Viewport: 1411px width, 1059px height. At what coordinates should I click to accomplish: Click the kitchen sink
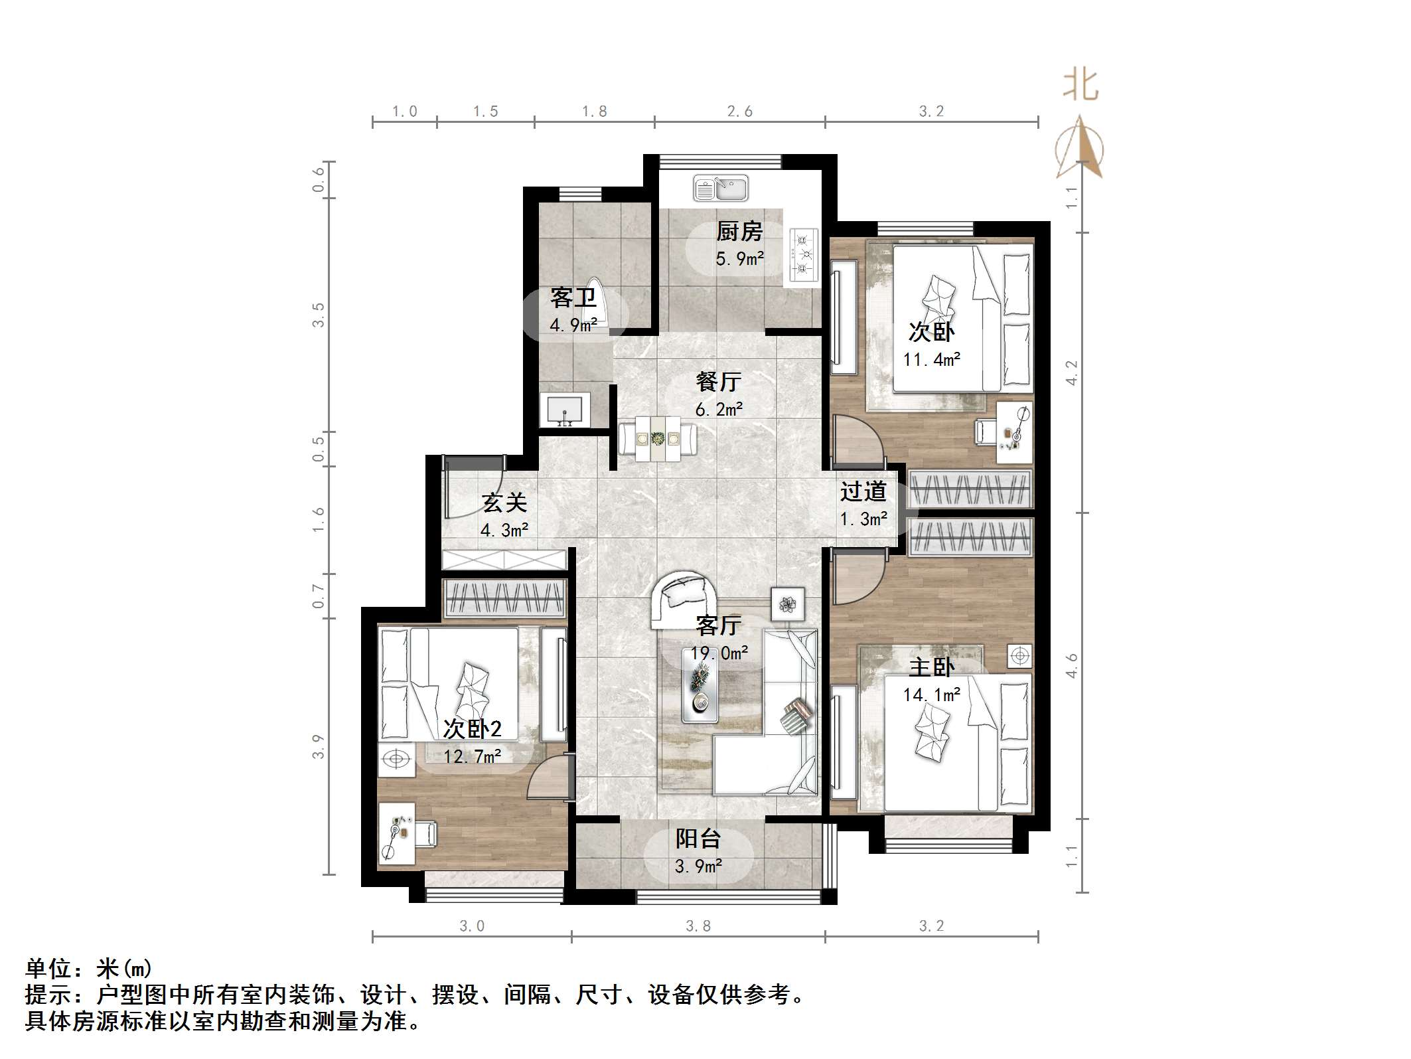(x=721, y=189)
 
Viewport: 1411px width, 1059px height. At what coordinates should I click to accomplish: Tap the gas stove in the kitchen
(x=804, y=253)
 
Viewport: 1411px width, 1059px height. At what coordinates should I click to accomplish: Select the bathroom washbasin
(x=565, y=410)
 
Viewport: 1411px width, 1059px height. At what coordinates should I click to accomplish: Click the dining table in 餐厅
(x=658, y=438)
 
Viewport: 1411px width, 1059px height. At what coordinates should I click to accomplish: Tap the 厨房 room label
(x=739, y=231)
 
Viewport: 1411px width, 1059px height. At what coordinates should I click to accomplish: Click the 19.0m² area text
(x=719, y=653)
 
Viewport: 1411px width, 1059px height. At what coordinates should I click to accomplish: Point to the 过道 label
(x=863, y=491)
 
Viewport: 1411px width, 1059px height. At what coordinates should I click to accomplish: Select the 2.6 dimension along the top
(x=739, y=112)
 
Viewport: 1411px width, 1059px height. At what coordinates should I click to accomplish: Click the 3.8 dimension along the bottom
(x=698, y=926)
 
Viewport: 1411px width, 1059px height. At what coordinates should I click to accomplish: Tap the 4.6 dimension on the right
(x=1071, y=665)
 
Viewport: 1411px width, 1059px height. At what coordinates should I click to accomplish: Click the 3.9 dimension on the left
(x=319, y=746)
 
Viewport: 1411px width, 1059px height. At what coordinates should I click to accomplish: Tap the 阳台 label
(x=698, y=839)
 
